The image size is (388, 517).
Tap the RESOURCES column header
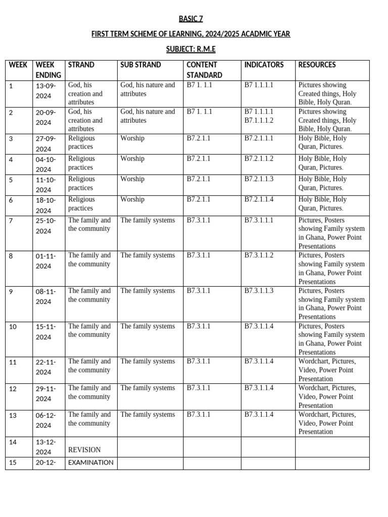point(317,65)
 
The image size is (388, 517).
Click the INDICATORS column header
point(264,65)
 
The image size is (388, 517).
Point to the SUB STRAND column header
point(140,65)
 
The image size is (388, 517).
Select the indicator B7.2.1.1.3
point(259,179)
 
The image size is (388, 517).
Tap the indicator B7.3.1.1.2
point(259,255)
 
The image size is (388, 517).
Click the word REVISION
point(84,450)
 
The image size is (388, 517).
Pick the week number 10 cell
point(13,327)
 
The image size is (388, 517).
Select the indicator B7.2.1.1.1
point(259,138)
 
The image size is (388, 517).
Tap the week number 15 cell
point(13,463)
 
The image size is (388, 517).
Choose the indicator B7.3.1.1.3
point(259,291)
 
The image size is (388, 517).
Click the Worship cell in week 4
point(132,159)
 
